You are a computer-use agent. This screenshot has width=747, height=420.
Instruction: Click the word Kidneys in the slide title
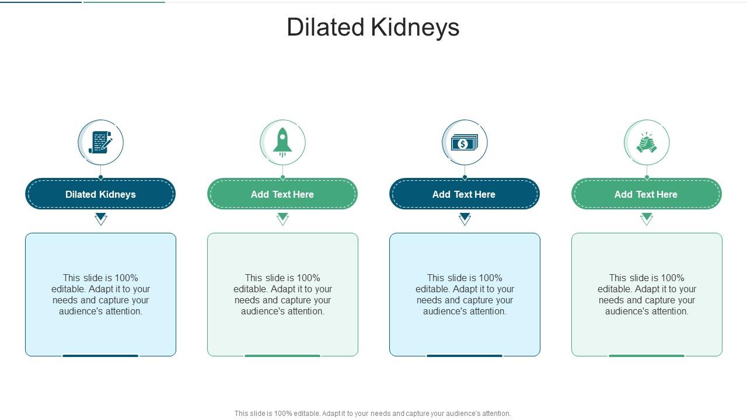tap(412, 27)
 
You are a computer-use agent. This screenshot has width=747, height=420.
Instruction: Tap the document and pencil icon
tap(100, 142)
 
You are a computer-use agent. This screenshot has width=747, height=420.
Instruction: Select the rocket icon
tap(282, 142)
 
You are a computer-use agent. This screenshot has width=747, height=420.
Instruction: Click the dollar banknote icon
tap(465, 142)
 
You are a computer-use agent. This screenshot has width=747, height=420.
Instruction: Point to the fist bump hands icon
tap(647, 143)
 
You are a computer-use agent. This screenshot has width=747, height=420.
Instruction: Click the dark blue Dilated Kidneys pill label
tap(100, 194)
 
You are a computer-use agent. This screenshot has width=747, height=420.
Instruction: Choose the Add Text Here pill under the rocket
tap(282, 194)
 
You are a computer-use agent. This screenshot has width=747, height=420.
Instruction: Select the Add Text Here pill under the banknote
tap(465, 194)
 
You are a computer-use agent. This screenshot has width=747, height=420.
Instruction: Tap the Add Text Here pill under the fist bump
tap(647, 194)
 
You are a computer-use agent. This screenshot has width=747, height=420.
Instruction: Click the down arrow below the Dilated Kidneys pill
tap(101, 219)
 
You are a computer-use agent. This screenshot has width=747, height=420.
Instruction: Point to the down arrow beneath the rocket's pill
tap(283, 219)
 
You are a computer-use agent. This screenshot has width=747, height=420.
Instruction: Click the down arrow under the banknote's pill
tap(465, 219)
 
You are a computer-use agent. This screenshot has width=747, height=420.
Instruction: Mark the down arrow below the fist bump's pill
tap(647, 219)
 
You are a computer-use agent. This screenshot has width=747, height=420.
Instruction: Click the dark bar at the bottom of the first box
tap(100, 355)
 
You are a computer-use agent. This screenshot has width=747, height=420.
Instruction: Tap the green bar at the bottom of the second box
tap(282, 355)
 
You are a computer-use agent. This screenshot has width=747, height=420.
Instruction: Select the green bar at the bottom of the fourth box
tap(647, 355)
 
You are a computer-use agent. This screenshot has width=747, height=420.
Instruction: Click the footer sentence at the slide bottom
tap(372, 414)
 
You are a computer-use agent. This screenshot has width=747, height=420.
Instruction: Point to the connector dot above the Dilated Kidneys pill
tap(100, 177)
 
